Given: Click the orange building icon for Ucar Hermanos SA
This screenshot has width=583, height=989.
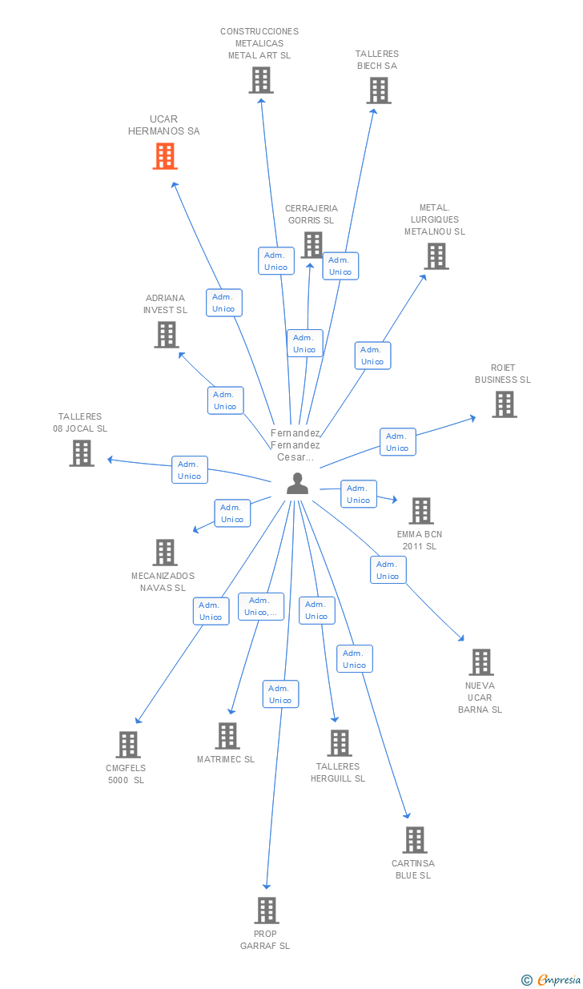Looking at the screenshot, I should point(164,156).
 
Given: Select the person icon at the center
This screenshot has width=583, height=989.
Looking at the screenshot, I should point(297,484).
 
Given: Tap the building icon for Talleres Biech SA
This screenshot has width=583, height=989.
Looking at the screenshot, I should point(379,90).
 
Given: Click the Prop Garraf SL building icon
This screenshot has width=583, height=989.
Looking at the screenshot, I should point(267,911).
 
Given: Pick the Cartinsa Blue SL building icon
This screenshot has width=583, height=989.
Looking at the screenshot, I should point(414,840).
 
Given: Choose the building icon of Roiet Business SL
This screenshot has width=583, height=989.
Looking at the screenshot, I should point(504,404).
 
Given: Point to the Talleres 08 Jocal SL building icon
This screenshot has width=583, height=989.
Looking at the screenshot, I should point(82,453).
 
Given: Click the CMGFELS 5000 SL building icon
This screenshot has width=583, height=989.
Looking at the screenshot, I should point(127,745).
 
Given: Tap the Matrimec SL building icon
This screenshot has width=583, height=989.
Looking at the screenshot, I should point(227,736).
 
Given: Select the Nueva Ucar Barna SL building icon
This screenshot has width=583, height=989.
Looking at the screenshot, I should point(480,662).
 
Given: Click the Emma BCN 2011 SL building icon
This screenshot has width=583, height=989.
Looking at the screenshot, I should point(420,511).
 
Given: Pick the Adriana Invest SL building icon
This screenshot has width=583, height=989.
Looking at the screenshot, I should point(166,335).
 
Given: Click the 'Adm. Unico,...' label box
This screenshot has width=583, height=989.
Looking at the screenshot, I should point(261,606).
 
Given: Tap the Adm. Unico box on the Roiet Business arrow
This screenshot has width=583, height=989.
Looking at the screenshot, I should point(397,442).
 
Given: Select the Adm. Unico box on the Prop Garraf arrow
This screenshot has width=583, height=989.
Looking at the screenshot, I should point(280,694).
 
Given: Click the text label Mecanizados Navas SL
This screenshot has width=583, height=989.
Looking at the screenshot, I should point(163,581).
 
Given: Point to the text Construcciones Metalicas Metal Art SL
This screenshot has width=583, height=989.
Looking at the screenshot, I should point(259,43).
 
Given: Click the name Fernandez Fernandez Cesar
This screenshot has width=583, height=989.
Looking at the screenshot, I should point(296,445).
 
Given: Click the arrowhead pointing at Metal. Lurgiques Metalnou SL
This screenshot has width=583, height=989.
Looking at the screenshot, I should point(423,277).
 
